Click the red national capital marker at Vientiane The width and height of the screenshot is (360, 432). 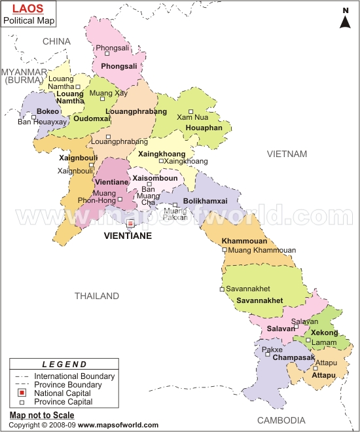130,223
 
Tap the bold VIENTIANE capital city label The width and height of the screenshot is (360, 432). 128,236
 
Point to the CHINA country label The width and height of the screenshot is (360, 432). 56,41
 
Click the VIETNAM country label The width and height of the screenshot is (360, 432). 287,154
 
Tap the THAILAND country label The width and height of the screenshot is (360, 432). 96,296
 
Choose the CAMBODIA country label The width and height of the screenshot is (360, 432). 281,420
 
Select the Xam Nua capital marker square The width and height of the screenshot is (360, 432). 191,111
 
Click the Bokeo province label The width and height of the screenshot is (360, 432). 48,112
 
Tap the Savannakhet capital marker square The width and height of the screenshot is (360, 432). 222,289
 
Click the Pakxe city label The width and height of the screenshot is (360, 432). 272,350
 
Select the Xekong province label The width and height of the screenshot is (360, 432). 325,333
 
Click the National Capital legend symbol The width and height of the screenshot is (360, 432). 21,393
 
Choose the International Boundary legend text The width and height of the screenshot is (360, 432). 74,376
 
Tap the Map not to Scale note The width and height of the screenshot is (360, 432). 42,415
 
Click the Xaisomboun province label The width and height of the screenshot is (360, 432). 154,177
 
